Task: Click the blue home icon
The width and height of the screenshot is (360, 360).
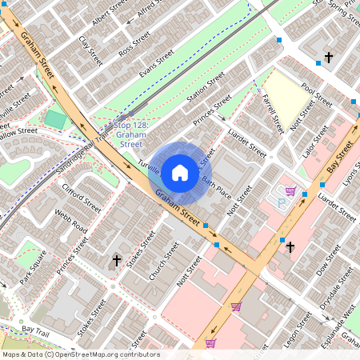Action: (180, 171)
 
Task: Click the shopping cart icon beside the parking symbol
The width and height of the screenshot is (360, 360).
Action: (290, 191)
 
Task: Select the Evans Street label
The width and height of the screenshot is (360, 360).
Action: (156, 63)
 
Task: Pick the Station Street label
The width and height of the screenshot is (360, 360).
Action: (206, 90)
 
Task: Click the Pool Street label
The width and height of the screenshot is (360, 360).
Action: (318, 98)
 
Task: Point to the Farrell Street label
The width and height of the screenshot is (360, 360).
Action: (273, 113)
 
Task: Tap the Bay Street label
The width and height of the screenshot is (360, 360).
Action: (342, 156)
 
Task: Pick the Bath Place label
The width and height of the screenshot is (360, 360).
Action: (217, 190)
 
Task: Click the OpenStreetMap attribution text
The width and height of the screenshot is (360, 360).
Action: (80, 354)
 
